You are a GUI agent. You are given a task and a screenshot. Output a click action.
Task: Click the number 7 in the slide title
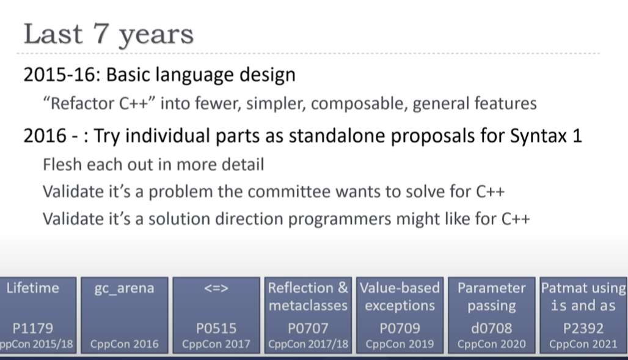tap(102, 34)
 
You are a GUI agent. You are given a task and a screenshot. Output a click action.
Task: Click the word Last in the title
tap(53, 34)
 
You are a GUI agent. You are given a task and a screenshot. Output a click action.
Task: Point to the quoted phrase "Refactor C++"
tap(99, 103)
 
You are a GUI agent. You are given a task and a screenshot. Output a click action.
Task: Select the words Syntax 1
tap(546, 136)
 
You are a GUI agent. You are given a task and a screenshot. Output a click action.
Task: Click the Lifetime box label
tap(32, 288)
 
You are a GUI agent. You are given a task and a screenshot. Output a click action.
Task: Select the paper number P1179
tap(32, 328)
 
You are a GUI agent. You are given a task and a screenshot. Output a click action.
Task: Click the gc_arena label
tap(124, 288)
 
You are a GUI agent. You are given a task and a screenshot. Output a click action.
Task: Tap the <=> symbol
tap(216, 288)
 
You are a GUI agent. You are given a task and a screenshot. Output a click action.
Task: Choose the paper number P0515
tap(216, 328)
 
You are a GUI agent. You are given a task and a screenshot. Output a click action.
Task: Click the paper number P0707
tap(308, 328)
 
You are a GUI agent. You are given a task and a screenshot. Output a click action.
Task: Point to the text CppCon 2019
tap(400, 344)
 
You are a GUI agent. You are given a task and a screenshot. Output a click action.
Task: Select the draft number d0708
tap(491, 328)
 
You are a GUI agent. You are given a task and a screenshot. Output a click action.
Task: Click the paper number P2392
tap(583, 328)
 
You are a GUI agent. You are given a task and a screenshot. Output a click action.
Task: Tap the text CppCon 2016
tap(124, 344)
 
